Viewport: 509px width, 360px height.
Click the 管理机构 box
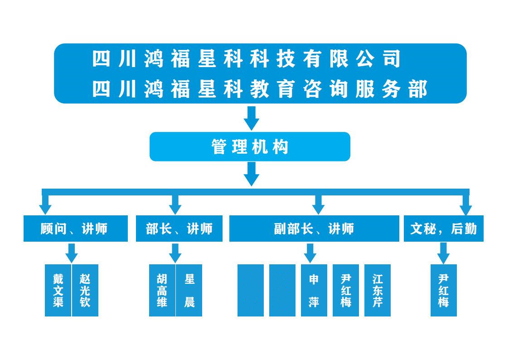pos(250,146)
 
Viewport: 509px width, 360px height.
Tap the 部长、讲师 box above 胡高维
pos(179,229)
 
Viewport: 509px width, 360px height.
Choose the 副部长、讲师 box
pos(314,229)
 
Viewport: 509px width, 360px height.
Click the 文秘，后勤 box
pos(443,229)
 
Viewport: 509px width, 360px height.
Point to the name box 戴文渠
pos(58,290)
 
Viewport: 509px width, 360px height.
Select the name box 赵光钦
pos(85,290)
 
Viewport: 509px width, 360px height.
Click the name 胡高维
pos(162,290)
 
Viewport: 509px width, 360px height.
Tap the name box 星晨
pos(189,290)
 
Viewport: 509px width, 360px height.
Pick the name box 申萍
pos(314,290)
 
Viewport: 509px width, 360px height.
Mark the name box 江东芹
pos(378,290)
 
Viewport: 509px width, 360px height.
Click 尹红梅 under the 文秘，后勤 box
pos(443,290)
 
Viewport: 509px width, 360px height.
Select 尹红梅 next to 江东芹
pos(346,290)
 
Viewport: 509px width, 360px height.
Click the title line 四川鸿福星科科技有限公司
pos(247,59)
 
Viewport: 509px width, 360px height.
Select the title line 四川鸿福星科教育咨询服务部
pos(260,89)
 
